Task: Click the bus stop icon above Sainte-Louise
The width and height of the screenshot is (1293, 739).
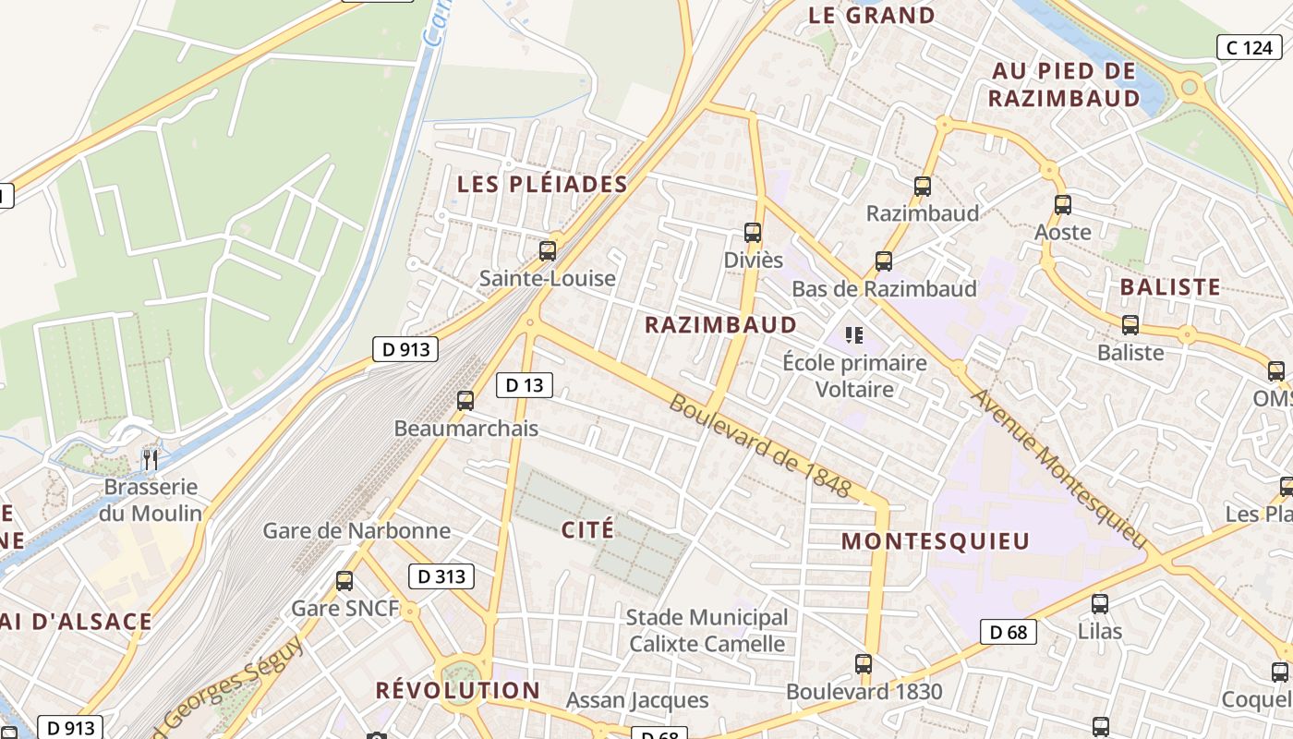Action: click(548, 250)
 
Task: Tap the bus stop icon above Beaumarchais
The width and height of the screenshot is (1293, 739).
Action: click(465, 400)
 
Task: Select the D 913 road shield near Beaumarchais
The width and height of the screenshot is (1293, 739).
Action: click(405, 349)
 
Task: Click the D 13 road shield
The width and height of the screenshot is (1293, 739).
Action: click(525, 384)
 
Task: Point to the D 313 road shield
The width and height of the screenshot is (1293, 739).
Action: click(441, 576)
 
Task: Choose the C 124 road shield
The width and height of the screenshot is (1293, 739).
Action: click(1250, 47)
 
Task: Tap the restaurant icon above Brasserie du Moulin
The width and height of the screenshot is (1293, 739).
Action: click(151, 459)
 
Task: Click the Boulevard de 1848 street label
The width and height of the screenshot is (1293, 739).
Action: click(759, 445)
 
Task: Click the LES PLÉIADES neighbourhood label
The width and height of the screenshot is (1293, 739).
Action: click(542, 184)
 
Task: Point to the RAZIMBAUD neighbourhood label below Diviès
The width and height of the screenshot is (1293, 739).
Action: click(720, 324)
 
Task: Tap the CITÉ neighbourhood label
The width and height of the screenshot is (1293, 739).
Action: click(587, 529)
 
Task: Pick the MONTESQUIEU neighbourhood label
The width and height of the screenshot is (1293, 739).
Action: click(936, 541)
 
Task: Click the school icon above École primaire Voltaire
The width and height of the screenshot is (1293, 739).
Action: click(853, 334)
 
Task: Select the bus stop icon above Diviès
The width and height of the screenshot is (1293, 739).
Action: click(753, 233)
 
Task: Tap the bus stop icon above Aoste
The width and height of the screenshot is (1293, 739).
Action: click(1063, 205)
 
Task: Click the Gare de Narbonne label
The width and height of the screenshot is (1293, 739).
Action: click(356, 530)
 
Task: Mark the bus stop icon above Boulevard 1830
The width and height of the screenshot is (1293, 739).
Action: click(864, 663)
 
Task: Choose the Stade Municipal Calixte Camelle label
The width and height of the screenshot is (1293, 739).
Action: click(707, 630)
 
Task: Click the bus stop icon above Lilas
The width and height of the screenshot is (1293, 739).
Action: click(1099, 604)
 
